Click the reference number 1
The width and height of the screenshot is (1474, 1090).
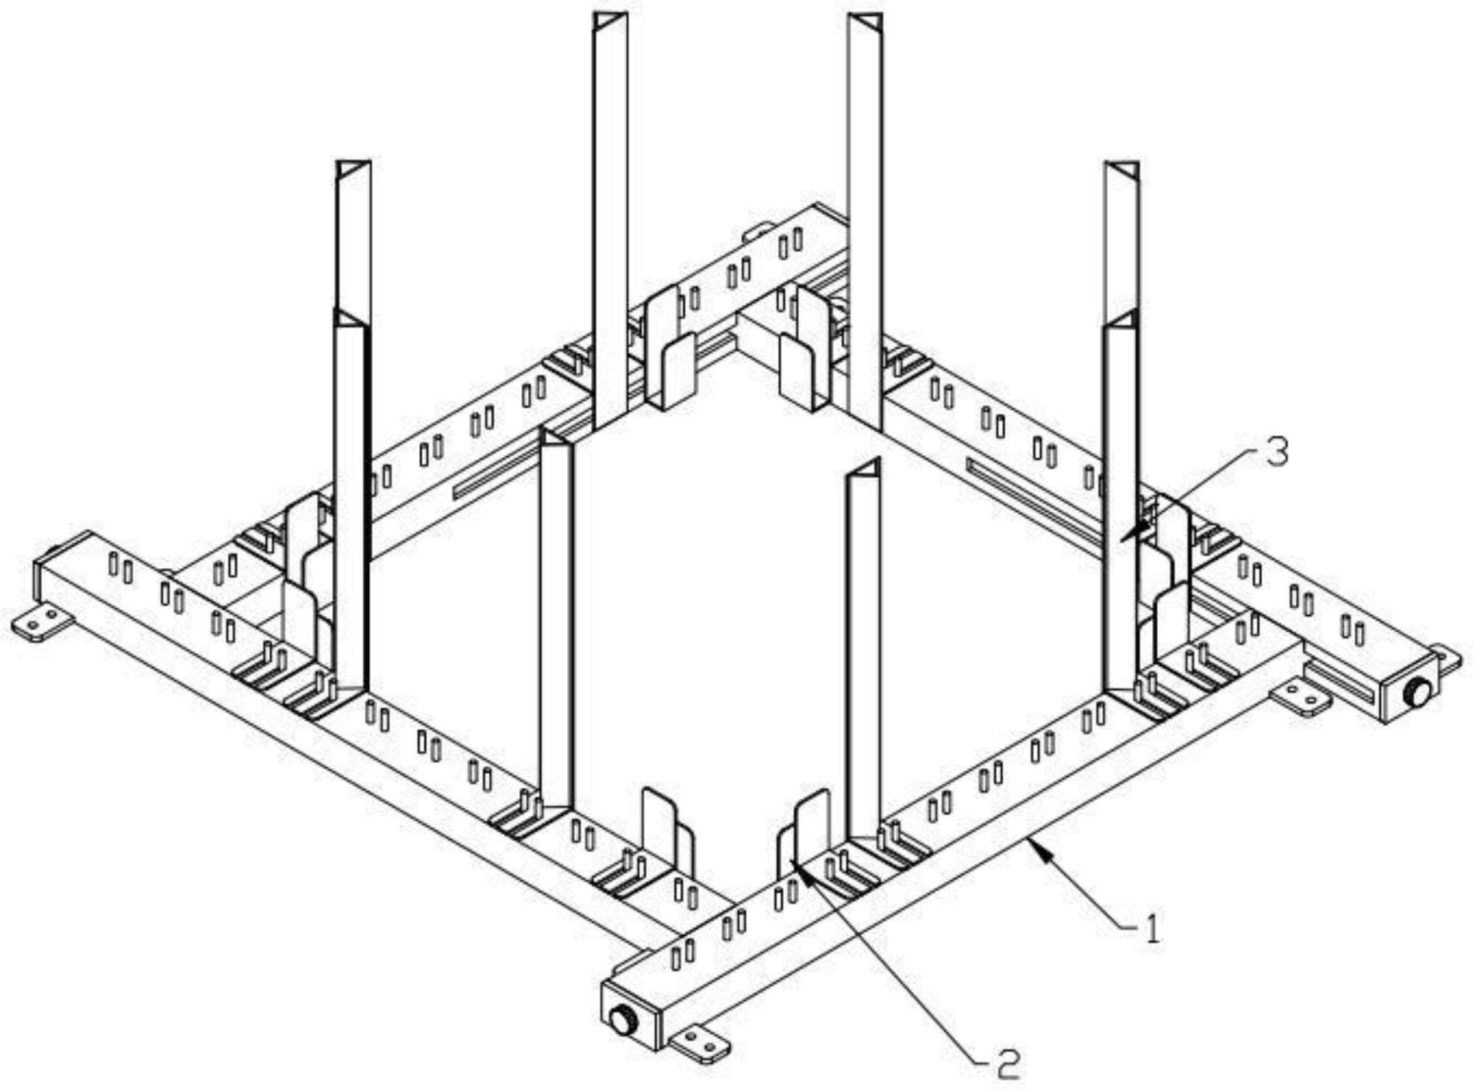(x=1152, y=928)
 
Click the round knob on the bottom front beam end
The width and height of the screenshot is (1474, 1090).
(x=623, y=1021)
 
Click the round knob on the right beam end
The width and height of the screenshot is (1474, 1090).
(x=1417, y=692)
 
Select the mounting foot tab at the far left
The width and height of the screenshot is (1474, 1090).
(x=43, y=625)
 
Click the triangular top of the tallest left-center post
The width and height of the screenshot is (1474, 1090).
(x=610, y=21)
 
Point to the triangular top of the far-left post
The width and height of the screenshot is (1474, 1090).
(x=354, y=170)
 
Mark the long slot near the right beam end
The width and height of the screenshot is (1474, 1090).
(x=1342, y=680)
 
